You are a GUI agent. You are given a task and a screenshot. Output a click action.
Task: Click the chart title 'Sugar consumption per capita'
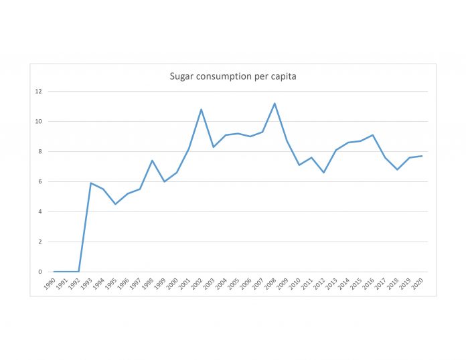click(x=233, y=76)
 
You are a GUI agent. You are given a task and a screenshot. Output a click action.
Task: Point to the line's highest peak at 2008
click(x=275, y=103)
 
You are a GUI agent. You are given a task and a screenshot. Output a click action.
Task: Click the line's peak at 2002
click(x=201, y=109)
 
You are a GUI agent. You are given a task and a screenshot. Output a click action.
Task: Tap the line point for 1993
click(x=90, y=183)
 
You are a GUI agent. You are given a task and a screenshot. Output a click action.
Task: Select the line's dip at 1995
click(x=115, y=204)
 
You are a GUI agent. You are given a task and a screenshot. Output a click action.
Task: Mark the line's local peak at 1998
click(x=152, y=161)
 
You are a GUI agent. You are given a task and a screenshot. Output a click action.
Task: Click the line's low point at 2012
click(x=323, y=173)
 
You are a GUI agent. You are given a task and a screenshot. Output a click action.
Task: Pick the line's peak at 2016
click(x=373, y=134)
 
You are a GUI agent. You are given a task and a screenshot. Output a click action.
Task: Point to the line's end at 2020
click(x=422, y=156)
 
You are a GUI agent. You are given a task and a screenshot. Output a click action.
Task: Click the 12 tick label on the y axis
click(x=39, y=91)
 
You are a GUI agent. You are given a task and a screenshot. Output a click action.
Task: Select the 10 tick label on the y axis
click(x=39, y=121)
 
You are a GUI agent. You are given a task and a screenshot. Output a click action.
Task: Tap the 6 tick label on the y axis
click(x=40, y=181)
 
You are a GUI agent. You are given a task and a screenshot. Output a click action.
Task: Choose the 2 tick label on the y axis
click(x=40, y=242)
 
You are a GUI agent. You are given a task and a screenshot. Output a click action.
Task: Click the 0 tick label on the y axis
click(x=40, y=272)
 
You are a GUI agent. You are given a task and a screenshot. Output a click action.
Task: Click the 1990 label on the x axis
click(x=51, y=284)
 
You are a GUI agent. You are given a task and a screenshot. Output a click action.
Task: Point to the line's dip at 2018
click(x=397, y=169)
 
